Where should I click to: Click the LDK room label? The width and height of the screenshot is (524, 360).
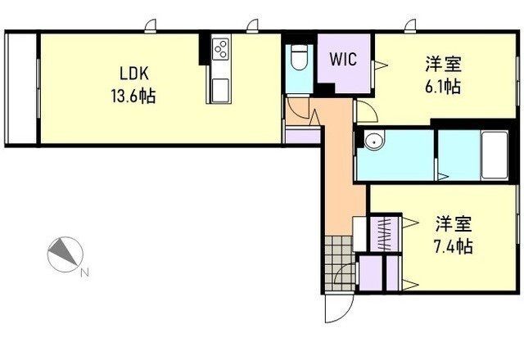134,74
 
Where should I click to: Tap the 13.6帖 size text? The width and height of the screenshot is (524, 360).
133,96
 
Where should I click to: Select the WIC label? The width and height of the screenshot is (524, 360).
343,59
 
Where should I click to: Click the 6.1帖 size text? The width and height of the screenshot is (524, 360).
443,87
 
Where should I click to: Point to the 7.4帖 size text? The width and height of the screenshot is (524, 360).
453,246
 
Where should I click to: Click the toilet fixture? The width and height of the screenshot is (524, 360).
299,57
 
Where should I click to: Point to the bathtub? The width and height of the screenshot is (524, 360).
495,155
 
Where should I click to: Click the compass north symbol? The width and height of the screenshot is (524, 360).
65,254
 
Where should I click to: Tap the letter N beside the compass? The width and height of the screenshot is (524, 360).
85,272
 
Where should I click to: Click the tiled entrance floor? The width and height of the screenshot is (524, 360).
339,263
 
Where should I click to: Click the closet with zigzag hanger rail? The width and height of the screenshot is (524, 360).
385,234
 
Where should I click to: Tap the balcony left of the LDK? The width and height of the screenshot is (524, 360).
21,88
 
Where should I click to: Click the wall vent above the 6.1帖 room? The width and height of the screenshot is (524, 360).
409,26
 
